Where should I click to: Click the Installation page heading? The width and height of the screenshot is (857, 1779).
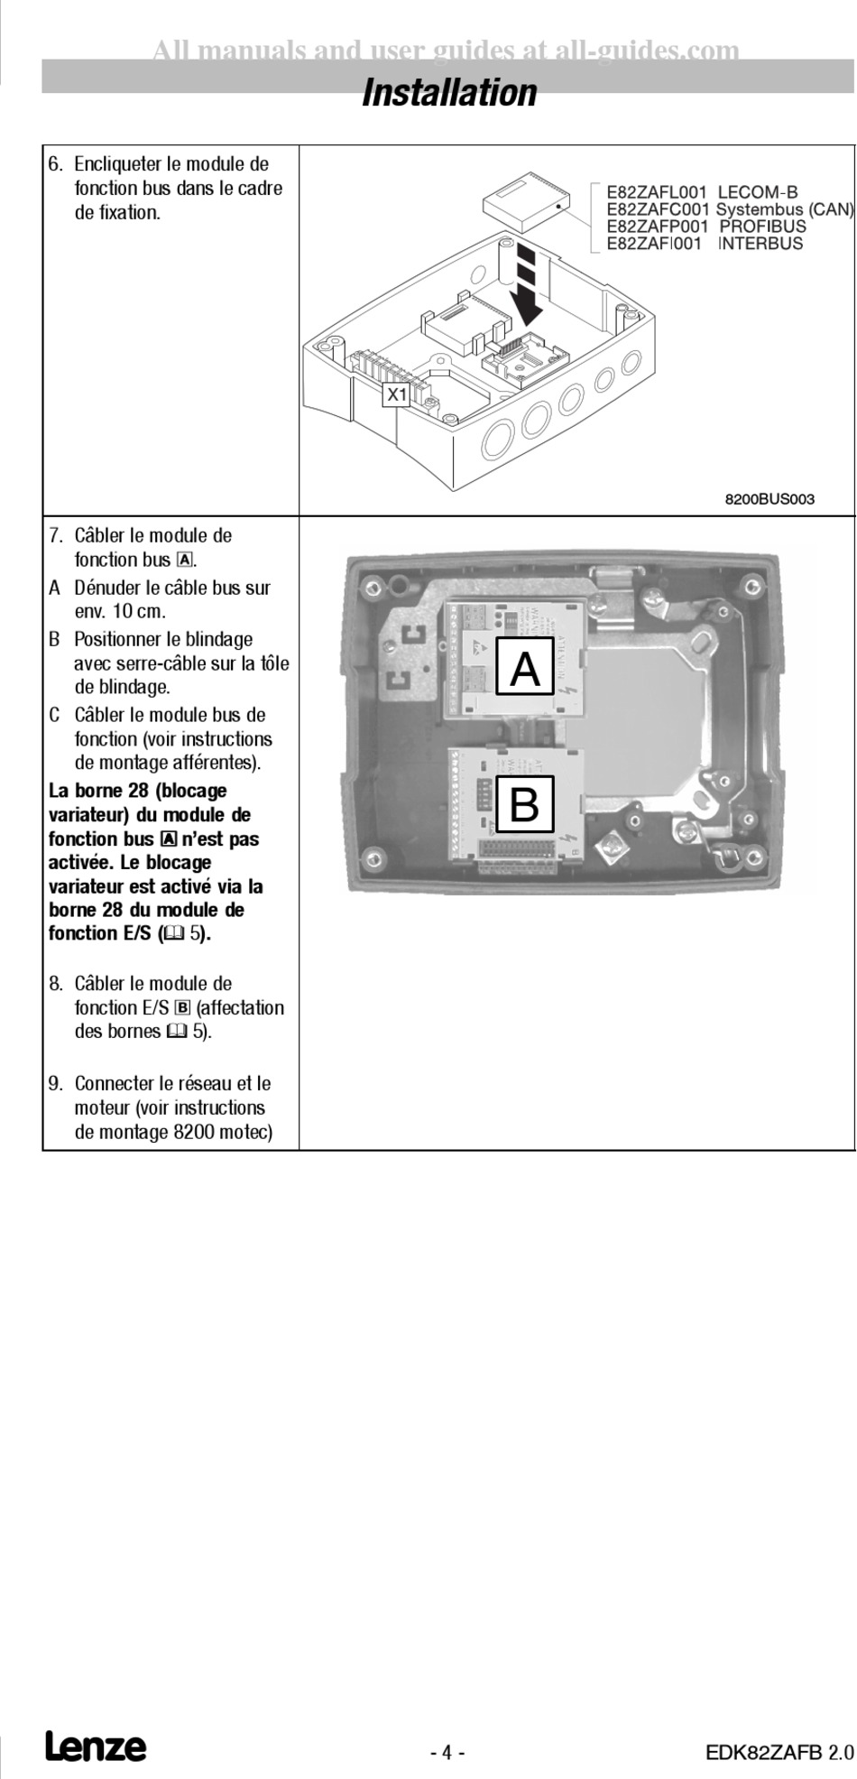click(x=449, y=93)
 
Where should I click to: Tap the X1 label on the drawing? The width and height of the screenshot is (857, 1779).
click(x=397, y=394)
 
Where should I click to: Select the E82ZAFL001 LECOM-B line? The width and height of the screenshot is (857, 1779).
click(x=702, y=192)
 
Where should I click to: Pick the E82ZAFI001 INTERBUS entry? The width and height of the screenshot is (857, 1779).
click(x=704, y=244)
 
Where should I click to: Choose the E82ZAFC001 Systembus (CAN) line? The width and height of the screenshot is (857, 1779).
click(x=729, y=209)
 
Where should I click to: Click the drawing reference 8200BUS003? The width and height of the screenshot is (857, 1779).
click(x=769, y=499)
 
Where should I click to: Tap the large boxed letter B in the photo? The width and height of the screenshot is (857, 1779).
click(x=525, y=803)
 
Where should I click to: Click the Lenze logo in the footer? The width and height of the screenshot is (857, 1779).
click(x=96, y=1747)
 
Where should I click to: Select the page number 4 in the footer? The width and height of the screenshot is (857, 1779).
click(x=447, y=1753)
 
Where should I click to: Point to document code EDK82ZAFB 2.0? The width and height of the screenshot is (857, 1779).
click(x=779, y=1753)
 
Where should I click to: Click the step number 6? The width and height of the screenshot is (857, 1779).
click(x=55, y=164)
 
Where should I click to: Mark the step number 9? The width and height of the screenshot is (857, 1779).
click(x=55, y=1083)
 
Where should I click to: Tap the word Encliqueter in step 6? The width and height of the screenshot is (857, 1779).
click(x=119, y=164)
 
